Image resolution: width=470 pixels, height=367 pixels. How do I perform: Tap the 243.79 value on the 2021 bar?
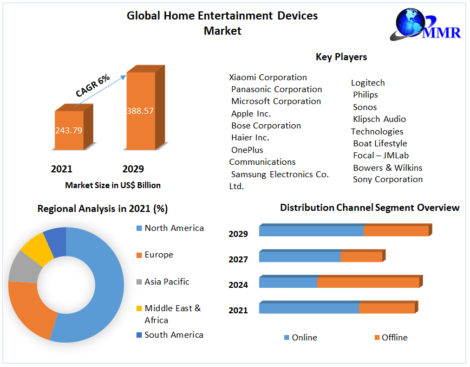coord(68,130)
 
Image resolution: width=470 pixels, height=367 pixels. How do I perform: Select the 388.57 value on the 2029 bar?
coord(140,111)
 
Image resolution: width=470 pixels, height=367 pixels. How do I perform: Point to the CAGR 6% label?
coord(93,86)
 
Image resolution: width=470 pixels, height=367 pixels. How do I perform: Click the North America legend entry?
coord(174,228)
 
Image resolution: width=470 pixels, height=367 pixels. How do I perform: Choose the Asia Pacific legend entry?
coord(167,282)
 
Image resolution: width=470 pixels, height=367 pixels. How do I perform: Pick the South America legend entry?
coord(173,335)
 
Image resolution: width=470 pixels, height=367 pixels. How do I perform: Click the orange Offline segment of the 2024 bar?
coord(368,282)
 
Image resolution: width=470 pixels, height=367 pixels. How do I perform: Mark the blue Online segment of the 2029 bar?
coord(311,231)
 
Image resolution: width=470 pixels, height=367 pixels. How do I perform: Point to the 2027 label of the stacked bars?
coord(238,260)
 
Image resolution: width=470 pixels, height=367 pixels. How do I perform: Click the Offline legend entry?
coord(394,338)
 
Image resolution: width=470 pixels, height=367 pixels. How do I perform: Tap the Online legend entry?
coord(304,338)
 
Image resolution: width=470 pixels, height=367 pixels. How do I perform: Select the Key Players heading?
coord(341,57)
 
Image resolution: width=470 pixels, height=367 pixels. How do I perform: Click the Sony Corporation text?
coord(388,179)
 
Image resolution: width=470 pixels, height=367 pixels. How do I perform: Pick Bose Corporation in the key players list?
coord(266,126)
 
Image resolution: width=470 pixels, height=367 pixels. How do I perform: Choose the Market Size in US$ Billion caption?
coord(113,185)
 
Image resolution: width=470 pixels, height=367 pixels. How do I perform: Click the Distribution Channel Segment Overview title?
coord(369,208)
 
